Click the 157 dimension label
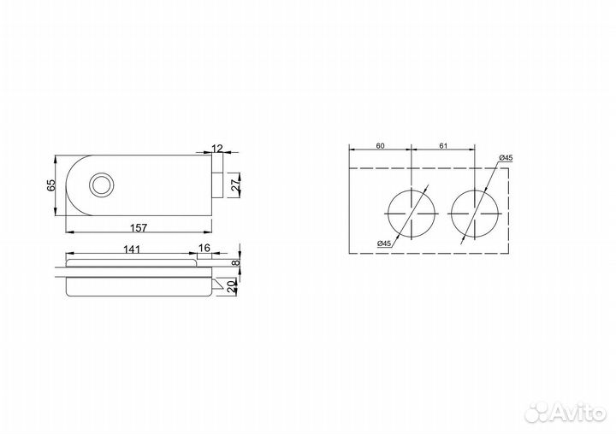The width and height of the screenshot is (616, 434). coord(139,227)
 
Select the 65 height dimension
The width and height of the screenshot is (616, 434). coord(51,185)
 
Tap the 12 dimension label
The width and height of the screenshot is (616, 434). coord(217,149)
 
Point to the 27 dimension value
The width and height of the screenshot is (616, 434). coord(235,185)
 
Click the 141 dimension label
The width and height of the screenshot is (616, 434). coord(132,249)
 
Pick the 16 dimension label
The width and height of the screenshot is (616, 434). coord(204,248)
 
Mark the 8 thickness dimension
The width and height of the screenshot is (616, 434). coord(235,263)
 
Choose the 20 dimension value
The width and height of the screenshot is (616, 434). coord(232,286)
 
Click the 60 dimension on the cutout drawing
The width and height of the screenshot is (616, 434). coord(380,146)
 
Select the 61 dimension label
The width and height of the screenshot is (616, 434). coord(443,146)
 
